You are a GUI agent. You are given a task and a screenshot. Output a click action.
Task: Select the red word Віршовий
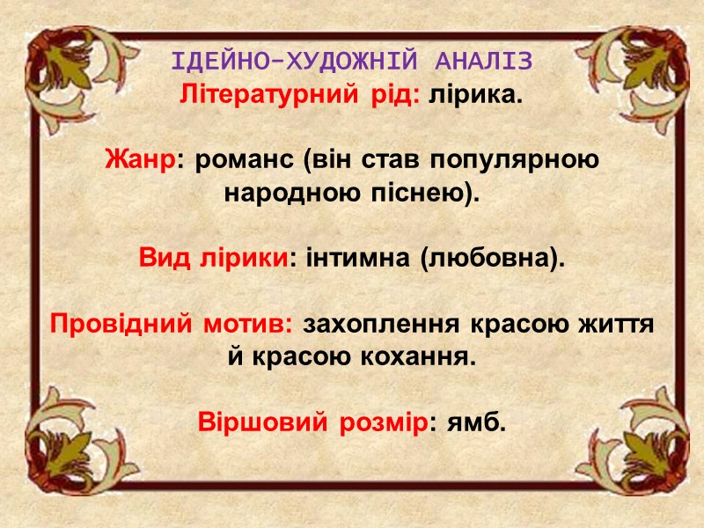click(x=252, y=422)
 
